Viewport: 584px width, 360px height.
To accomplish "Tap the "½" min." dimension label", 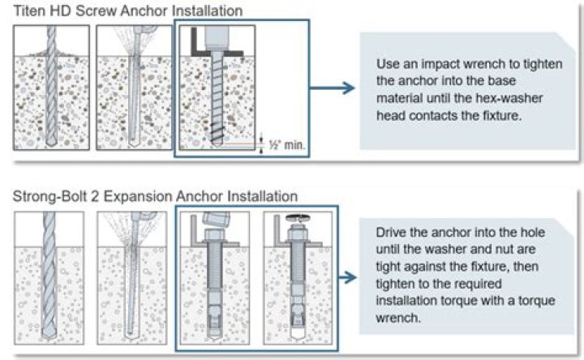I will pyautogui.click(x=286, y=145).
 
